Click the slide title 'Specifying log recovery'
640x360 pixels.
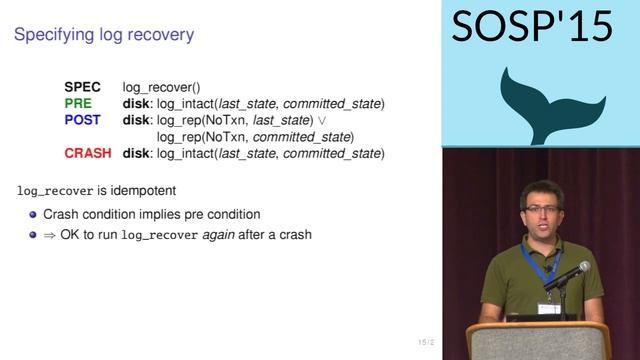[x=104, y=35]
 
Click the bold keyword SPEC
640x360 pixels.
[x=82, y=87]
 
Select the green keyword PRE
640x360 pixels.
[x=78, y=103]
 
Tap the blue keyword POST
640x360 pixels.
[x=82, y=120]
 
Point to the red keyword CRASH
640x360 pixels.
[x=88, y=153]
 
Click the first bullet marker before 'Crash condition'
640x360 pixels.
[x=33, y=214]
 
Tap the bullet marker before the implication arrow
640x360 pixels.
[x=33, y=235]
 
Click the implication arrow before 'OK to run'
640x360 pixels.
[x=50, y=235]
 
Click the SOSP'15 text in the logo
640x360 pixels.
[x=532, y=27]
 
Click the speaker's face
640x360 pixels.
[x=540, y=209]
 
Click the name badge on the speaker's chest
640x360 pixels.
[x=548, y=307]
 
